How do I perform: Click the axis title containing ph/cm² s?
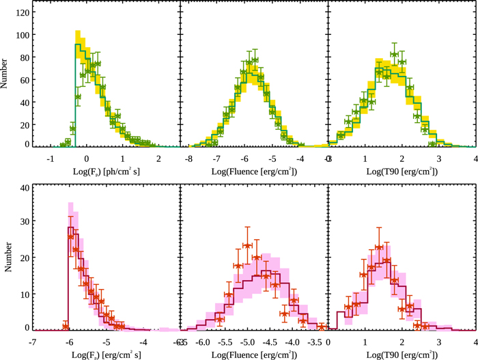click(107, 169)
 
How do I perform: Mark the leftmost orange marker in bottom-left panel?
click(66, 325)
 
